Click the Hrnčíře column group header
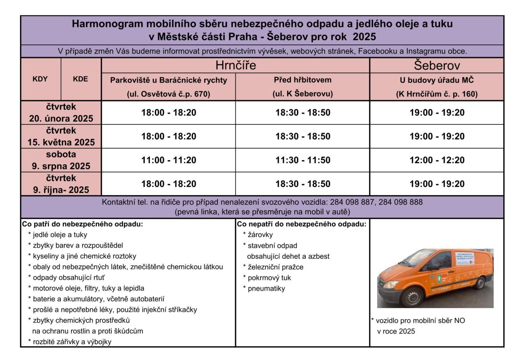235,65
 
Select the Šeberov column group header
436,65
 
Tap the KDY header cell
40,79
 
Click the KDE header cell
81,79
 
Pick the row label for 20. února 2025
61,113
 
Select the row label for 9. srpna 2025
61,160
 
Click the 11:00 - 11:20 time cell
168,160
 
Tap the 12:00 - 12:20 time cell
436,160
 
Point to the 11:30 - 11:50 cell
303,160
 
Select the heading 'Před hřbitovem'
303,79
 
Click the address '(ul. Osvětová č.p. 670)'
168,94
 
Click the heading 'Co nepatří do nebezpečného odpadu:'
302,224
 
